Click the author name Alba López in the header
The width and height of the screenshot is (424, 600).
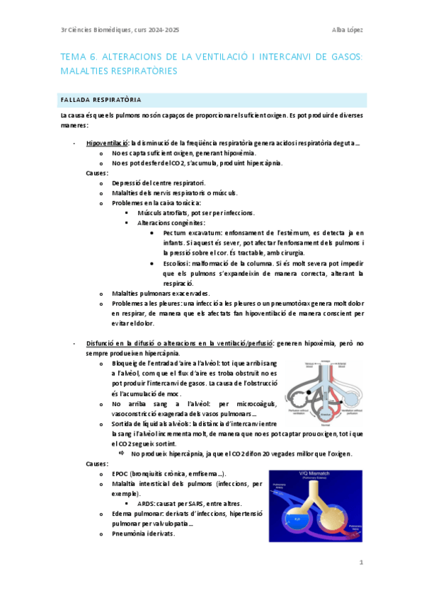click(348, 29)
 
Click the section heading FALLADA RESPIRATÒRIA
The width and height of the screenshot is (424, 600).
click(100, 100)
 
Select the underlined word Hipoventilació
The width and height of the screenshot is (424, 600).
click(108, 143)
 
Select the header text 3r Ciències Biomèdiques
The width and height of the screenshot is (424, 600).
click(98, 29)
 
